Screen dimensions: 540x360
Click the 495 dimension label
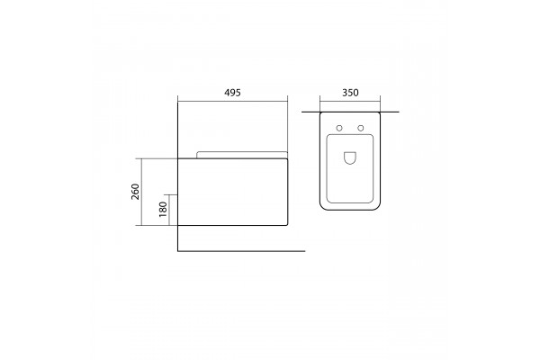click(232, 93)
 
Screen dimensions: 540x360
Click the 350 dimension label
click(350, 93)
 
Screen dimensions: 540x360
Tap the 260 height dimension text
click(135, 192)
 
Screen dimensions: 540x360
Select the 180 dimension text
click(163, 209)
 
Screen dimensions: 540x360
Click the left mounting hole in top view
click(339, 128)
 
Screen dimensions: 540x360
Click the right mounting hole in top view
click(361, 128)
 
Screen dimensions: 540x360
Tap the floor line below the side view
click(241, 251)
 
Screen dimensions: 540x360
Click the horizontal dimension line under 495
click(232, 102)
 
